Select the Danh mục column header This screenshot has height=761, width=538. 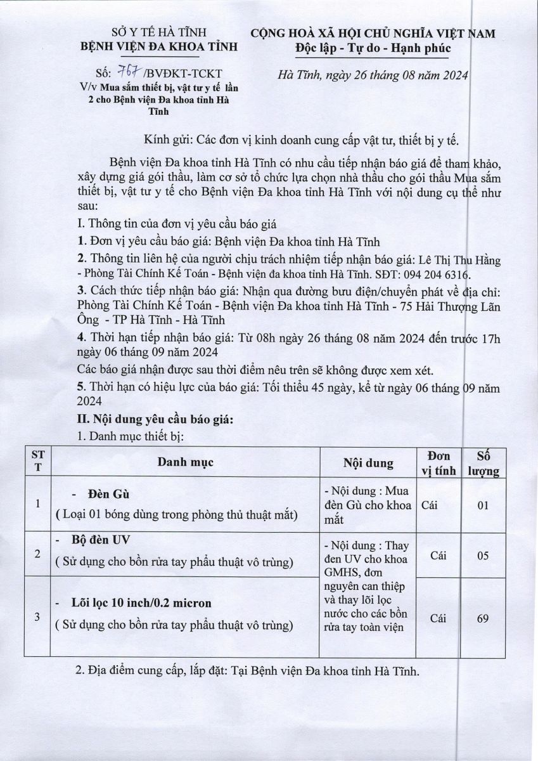click(186, 462)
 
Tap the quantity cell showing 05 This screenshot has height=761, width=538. click(482, 554)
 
